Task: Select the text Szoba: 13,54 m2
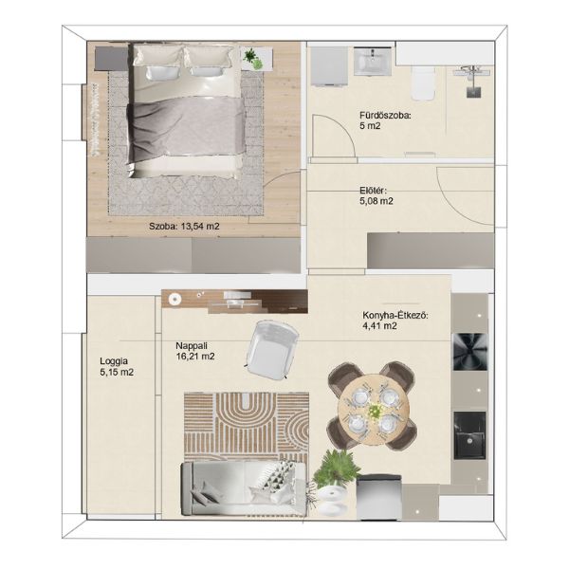[x=184, y=227]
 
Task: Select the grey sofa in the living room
[x=244, y=488]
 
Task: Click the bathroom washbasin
[x=373, y=62]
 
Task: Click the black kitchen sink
[x=469, y=434]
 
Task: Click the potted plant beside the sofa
[x=334, y=468]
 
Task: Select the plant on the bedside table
[x=253, y=59]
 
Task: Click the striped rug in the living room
[x=247, y=428]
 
